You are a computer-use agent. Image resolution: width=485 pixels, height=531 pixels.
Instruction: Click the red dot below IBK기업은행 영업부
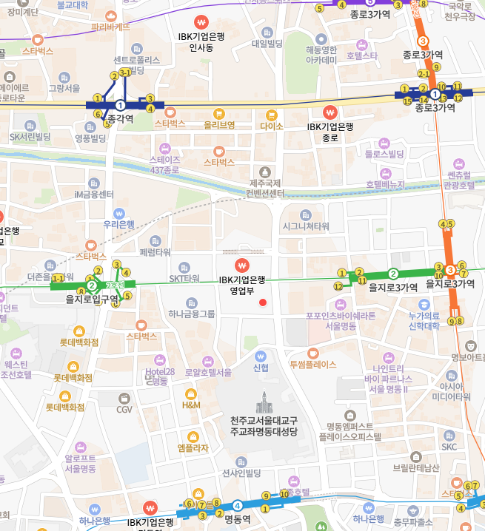click(262, 302)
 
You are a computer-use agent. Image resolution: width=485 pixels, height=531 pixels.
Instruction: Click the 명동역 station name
click(238, 519)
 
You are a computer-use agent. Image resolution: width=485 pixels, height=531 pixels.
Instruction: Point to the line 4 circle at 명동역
click(237, 506)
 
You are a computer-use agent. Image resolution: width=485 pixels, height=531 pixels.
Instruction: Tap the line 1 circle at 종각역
click(120, 105)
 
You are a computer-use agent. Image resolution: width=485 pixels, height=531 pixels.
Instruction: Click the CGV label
click(124, 409)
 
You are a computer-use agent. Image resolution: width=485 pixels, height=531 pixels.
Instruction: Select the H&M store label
click(191, 405)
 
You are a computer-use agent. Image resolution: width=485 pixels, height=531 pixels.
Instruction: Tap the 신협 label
click(261, 368)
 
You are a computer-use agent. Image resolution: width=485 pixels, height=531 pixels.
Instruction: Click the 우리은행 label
click(118, 224)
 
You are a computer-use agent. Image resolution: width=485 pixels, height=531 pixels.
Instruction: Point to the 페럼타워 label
click(155, 252)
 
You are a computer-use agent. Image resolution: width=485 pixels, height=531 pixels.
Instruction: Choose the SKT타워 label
click(184, 278)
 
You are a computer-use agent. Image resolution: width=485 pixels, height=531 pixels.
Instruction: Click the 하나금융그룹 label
click(192, 314)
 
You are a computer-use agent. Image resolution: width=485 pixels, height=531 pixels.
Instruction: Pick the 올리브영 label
click(219, 125)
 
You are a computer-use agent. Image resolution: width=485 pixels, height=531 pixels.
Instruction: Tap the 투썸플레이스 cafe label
click(312, 365)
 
